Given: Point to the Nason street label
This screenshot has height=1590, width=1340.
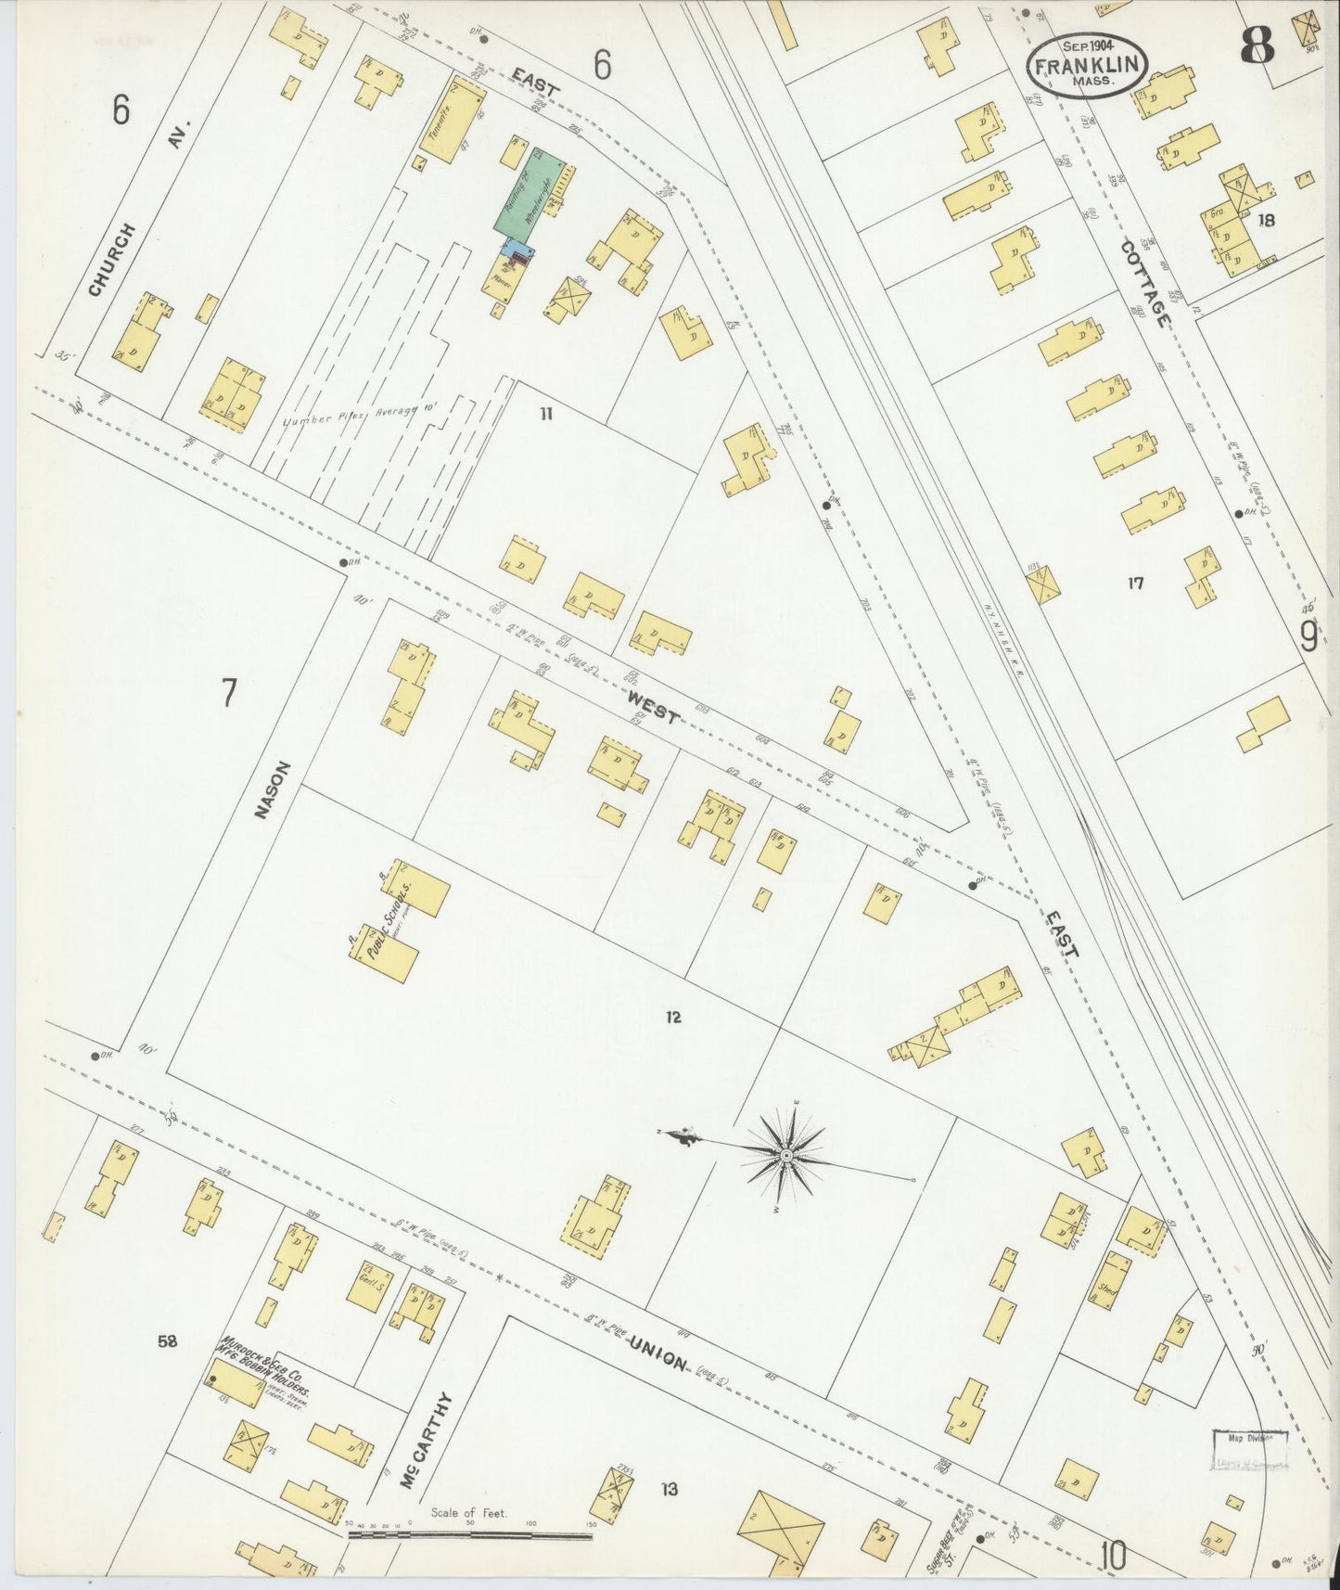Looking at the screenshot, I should (270, 789).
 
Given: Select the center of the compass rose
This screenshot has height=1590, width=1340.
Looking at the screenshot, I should (785, 1155).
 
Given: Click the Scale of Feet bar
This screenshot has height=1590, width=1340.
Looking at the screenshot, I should (469, 1535).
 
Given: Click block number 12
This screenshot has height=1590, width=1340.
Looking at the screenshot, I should (672, 1018).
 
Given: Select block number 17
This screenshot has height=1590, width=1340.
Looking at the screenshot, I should (1135, 583).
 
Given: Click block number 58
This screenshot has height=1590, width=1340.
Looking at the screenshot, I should (167, 1340).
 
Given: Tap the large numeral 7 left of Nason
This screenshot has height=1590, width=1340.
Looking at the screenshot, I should (228, 693).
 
